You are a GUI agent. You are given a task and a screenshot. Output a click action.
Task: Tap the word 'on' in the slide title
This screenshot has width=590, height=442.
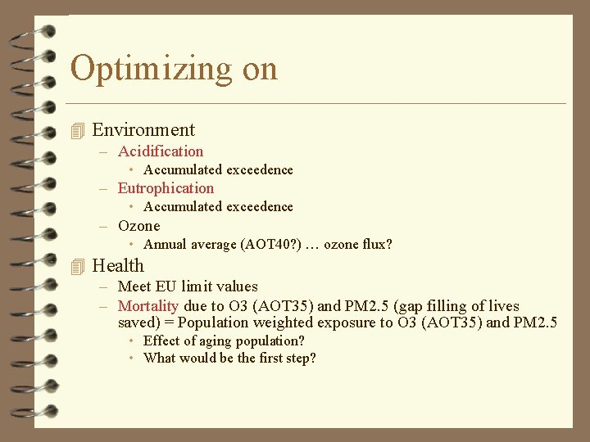click(x=260, y=69)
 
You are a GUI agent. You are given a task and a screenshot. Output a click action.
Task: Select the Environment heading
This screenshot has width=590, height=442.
click(x=143, y=130)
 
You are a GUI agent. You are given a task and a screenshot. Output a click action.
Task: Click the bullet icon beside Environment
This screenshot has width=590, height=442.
click(x=78, y=130)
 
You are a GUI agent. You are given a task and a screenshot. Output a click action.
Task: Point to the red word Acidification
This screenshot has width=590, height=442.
click(x=161, y=151)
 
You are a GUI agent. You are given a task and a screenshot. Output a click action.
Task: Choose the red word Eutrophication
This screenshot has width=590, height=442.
click(x=166, y=188)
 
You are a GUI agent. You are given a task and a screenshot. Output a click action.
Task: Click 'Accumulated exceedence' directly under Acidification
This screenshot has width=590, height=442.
click(x=218, y=170)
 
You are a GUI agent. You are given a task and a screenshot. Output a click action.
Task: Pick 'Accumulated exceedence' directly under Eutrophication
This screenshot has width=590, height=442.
click(x=218, y=207)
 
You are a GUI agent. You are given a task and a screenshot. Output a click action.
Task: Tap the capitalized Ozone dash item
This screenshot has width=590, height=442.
click(x=139, y=226)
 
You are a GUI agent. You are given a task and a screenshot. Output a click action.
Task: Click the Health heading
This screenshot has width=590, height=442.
click(x=118, y=266)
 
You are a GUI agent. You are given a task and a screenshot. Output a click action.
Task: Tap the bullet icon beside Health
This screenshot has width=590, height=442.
click(x=78, y=266)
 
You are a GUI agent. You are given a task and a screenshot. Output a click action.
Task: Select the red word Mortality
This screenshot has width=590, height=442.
click(x=148, y=306)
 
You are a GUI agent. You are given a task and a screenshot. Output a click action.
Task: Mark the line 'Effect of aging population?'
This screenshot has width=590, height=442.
click(x=224, y=341)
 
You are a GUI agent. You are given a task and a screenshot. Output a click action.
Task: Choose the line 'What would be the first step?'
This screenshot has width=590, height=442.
click(x=229, y=359)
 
